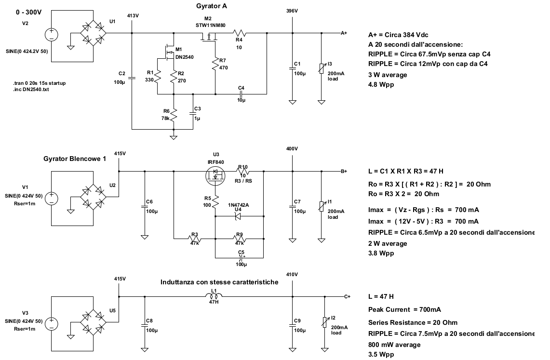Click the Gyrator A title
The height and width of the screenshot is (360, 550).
[212, 6]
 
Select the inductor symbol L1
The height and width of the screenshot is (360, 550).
[214, 296]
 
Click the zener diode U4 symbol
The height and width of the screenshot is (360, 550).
[238, 216]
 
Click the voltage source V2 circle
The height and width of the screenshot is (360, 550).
[51, 34]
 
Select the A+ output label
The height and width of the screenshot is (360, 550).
[344, 33]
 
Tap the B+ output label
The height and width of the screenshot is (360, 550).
[344, 171]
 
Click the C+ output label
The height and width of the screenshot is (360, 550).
[347, 296]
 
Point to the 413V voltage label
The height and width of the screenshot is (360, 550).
[133, 15]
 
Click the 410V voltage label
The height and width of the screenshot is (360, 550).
[292, 274]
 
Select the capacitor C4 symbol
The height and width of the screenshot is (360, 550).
[241, 94]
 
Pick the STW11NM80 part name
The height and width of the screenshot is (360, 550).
[210, 25]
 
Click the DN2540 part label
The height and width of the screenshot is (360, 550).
[184, 57]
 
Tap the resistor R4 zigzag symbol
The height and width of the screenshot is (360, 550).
[239, 33]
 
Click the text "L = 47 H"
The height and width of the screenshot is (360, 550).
[381, 296]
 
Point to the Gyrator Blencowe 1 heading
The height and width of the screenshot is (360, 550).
[75, 159]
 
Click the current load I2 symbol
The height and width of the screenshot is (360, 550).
[325, 322]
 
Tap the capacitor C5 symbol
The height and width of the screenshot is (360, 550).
[241, 258]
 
